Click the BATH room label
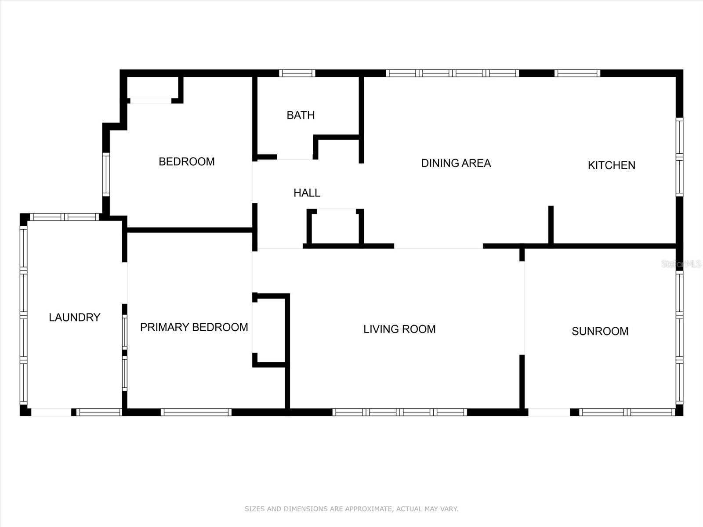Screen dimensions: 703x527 click(x=301, y=115)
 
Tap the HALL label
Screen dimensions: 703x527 click(x=307, y=193)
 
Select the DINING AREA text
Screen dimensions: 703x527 click(x=456, y=163)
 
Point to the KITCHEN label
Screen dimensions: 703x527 click(x=612, y=165)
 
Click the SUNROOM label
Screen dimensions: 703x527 click(x=600, y=331)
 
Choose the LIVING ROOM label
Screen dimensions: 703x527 click(x=399, y=329)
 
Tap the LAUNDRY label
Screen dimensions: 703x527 click(x=75, y=317)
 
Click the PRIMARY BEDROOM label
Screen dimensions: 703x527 click(x=194, y=327)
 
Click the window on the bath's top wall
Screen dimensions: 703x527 click(x=297, y=73)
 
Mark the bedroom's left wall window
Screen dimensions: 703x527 click(x=106, y=174)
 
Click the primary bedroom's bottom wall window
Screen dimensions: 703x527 click(x=196, y=412)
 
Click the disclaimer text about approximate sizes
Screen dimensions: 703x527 click(x=351, y=509)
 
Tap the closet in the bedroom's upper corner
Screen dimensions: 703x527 click(x=152, y=87)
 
